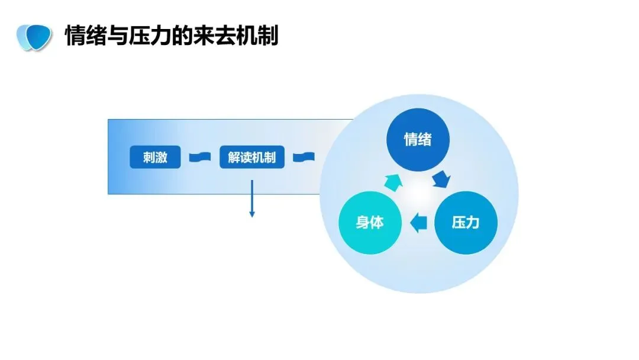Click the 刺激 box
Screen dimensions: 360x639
(155, 157)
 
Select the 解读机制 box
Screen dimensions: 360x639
(252, 157)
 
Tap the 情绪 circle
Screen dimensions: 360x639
(418, 140)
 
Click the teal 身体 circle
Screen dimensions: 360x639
(370, 223)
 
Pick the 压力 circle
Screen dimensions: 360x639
(466, 223)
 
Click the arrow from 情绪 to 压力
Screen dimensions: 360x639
(442, 178)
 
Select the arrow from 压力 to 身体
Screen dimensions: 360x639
(419, 223)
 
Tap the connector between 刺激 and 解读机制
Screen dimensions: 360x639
(200, 157)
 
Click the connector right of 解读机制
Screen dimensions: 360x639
(304, 157)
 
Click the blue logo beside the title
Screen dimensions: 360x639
(32, 37)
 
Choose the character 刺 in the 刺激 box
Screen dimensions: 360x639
(149, 157)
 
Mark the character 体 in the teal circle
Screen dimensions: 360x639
(377, 223)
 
